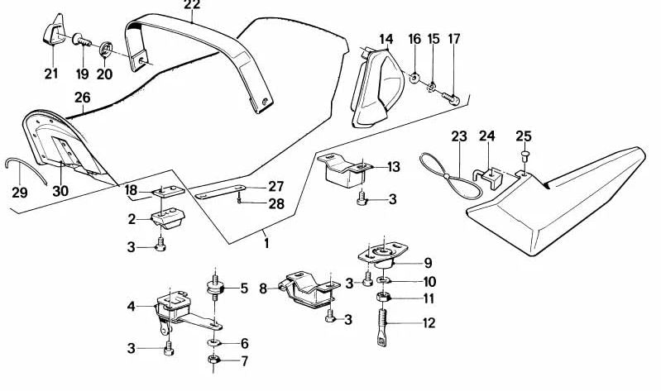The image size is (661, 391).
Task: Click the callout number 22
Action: [192, 5]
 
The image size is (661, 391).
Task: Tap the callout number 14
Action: [386, 39]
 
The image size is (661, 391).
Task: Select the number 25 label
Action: [524, 136]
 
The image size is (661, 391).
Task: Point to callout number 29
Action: [20, 193]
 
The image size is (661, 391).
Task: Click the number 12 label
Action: [429, 323]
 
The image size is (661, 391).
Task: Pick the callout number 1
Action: [266, 243]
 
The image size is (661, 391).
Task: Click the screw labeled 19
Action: [83, 41]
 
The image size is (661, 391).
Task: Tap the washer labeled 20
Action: [106, 50]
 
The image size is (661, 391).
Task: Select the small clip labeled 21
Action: [54, 31]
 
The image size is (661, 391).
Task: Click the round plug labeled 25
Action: [525, 155]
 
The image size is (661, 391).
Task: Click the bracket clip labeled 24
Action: [489, 177]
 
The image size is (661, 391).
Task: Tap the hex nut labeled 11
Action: [382, 297]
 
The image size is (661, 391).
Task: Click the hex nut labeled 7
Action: [213, 360]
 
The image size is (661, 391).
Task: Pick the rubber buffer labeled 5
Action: [215, 288]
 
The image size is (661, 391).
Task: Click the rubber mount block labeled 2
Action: [168, 219]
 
